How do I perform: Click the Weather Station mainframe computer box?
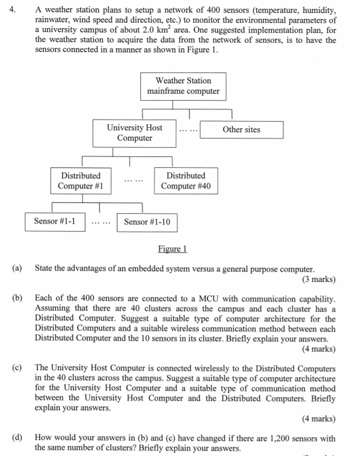[x=183, y=86]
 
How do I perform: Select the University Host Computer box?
[x=135, y=133]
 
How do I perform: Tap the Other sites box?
[x=241, y=130]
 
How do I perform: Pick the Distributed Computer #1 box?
[x=81, y=181]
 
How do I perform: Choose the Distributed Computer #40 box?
[x=186, y=181]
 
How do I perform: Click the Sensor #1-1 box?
[x=55, y=221]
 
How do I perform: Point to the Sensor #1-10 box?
[x=147, y=222]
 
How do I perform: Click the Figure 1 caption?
[x=172, y=249]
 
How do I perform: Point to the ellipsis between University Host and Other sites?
[x=188, y=130]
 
